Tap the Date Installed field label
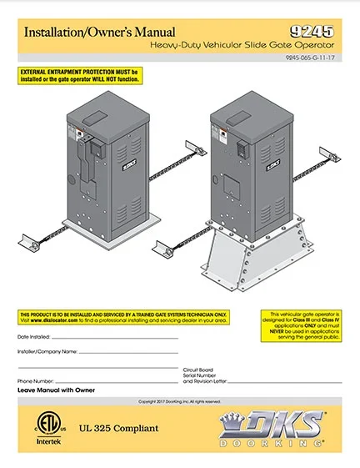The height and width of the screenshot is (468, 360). (x=34, y=336)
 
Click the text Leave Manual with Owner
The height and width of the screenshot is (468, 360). (x=56, y=390)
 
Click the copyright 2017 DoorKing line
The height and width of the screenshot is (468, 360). (x=180, y=401)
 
